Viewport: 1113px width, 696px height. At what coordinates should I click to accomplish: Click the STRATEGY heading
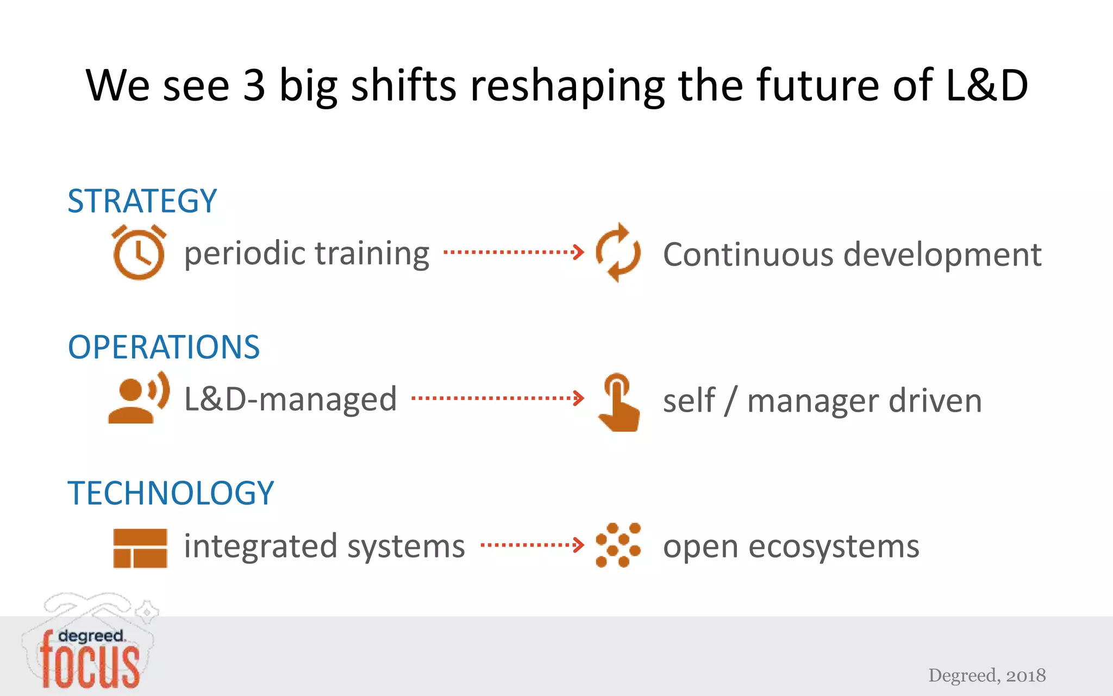142,201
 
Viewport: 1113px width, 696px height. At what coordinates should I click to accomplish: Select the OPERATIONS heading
164,347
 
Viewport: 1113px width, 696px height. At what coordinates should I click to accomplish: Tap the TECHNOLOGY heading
171,493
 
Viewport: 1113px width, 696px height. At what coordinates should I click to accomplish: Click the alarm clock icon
139,252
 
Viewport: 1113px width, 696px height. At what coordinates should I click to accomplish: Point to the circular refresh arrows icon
618,252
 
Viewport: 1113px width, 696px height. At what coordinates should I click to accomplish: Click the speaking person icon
139,398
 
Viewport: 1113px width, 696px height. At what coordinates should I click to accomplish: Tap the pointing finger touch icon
618,402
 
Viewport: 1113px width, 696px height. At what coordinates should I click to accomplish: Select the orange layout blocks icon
140,548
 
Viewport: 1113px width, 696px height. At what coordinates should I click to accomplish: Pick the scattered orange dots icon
618,545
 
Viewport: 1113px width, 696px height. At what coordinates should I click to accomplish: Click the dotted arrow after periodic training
514,252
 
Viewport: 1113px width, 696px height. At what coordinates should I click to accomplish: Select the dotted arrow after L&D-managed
498,398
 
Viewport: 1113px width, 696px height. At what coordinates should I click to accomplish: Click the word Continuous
748,254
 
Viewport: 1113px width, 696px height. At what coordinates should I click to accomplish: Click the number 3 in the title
254,85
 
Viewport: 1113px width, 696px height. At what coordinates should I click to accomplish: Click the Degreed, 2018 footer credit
986,675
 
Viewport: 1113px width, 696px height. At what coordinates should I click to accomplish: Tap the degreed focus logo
90,652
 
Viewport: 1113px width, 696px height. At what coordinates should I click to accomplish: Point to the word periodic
245,254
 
